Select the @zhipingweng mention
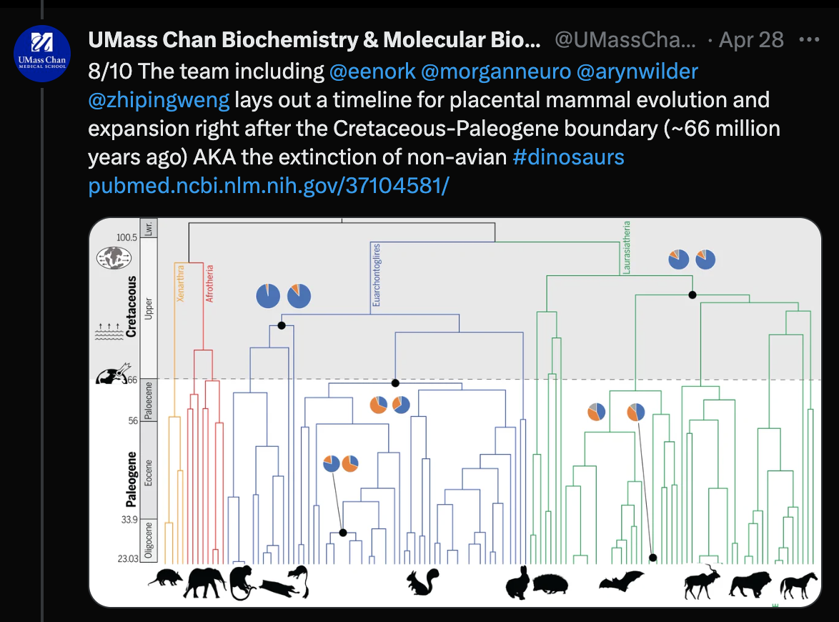pyautogui.click(x=159, y=100)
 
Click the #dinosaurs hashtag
pyautogui.click(x=568, y=157)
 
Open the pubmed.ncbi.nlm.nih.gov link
pyautogui.click(x=268, y=186)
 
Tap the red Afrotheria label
pyautogui.click(x=210, y=284)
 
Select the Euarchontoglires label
pyautogui.click(x=376, y=275)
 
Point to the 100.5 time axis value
pyautogui.click(x=126, y=237)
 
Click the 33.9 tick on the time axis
pyautogui.click(x=128, y=520)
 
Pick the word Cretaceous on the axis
pyautogui.click(x=131, y=305)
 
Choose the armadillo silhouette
pyautogui.click(x=166, y=578)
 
